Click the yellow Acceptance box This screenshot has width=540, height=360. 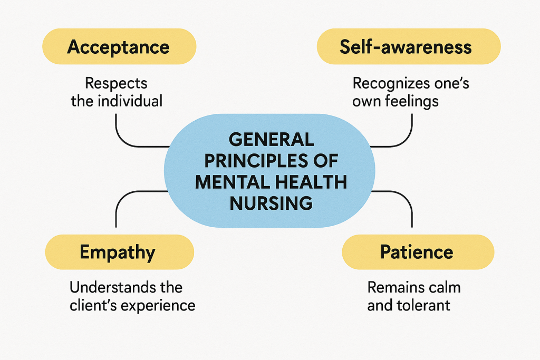point(119,46)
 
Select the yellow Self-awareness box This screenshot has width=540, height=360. point(408,46)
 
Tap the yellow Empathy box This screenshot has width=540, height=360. point(119,252)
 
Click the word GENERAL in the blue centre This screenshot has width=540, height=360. point(271,140)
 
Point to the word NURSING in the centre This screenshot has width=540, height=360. point(271,202)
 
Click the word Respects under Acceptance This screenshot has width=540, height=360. point(117,83)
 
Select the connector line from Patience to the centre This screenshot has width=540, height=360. point(411,213)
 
